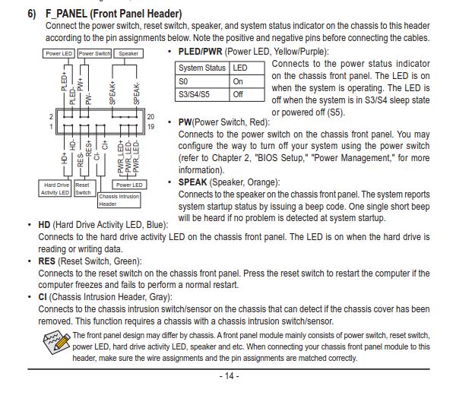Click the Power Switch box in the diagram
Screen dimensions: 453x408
[95, 53]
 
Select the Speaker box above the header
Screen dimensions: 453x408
[128, 53]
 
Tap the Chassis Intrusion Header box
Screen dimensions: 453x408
[119, 200]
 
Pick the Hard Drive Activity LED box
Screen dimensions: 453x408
[55, 188]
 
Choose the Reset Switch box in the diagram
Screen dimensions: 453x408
[85, 188]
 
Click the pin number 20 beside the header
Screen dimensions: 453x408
[150, 117]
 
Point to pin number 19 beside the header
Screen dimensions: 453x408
[150, 126]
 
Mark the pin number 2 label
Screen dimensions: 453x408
[51, 117]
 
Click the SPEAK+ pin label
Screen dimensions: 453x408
[112, 93]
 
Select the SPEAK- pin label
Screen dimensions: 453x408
[137, 93]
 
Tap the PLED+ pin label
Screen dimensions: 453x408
[64, 82]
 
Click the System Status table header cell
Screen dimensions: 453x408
[202, 68]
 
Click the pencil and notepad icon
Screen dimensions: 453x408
[56, 342]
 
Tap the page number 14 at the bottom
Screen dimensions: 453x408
[230, 376]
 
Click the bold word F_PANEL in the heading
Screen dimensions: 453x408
[66, 14]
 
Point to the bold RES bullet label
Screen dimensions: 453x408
[46, 261]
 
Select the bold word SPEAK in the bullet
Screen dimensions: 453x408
[193, 182]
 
